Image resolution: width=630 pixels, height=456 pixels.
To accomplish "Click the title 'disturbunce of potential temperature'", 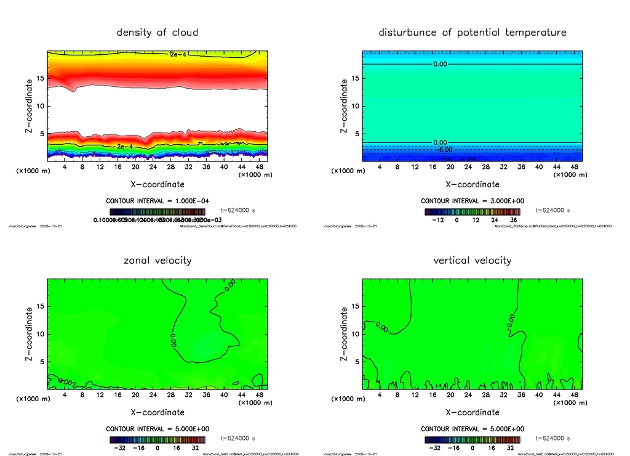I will click(x=472, y=33).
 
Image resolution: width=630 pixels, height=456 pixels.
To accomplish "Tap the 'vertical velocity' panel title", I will click(x=472, y=261).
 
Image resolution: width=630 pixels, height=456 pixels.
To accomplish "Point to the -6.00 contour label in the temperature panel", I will click(x=444, y=150).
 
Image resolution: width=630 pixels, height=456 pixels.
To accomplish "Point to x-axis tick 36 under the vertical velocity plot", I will click(x=521, y=395).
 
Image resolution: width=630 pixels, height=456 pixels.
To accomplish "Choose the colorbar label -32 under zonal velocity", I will click(x=121, y=448).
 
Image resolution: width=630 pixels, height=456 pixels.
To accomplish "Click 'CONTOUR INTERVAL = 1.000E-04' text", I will click(x=157, y=201).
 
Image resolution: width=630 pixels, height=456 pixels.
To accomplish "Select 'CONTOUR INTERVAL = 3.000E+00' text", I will click(x=472, y=201).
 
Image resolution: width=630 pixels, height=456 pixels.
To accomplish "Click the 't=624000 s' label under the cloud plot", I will click(x=237, y=210).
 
